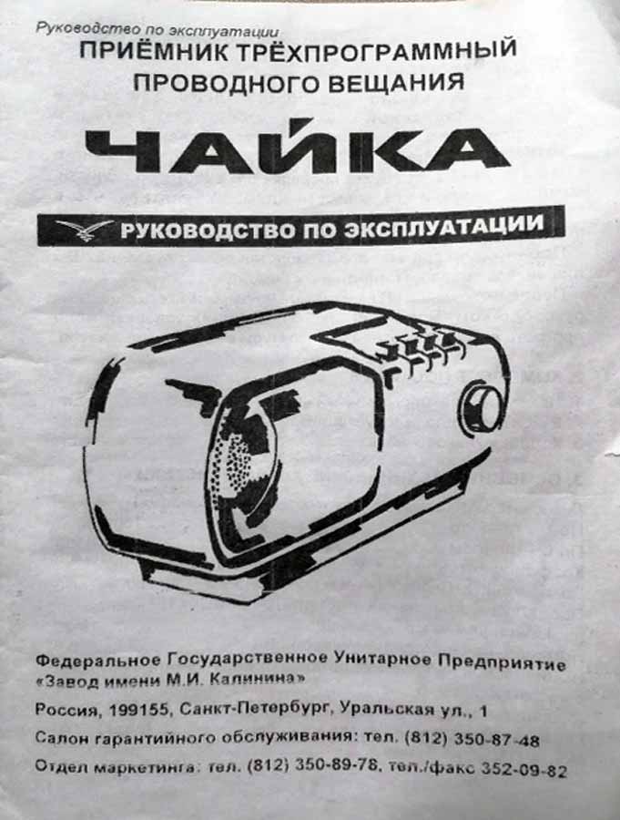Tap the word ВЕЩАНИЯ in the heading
(x=396, y=83)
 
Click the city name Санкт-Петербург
(x=255, y=709)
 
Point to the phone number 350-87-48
(x=496, y=740)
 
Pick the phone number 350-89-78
(x=336, y=765)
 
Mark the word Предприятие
(x=502, y=662)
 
